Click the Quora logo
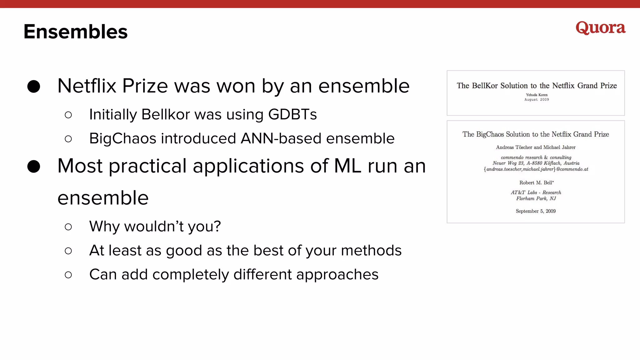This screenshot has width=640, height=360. click(600, 28)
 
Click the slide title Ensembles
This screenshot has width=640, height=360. click(76, 32)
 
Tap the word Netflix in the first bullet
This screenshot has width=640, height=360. click(87, 86)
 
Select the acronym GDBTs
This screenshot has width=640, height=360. click(292, 114)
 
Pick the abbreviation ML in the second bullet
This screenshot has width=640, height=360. click(347, 166)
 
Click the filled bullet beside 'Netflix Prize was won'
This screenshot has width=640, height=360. click(34, 86)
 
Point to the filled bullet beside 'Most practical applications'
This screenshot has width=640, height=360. click(34, 166)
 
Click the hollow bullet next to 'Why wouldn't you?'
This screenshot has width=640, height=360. click(68, 227)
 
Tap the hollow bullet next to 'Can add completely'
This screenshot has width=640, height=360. click(68, 275)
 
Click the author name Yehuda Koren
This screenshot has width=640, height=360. click(537, 95)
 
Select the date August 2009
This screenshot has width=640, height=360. click(537, 100)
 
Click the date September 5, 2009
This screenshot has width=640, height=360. click(536, 211)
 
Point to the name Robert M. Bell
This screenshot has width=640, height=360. click(536, 182)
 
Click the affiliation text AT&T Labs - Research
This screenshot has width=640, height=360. click(536, 192)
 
